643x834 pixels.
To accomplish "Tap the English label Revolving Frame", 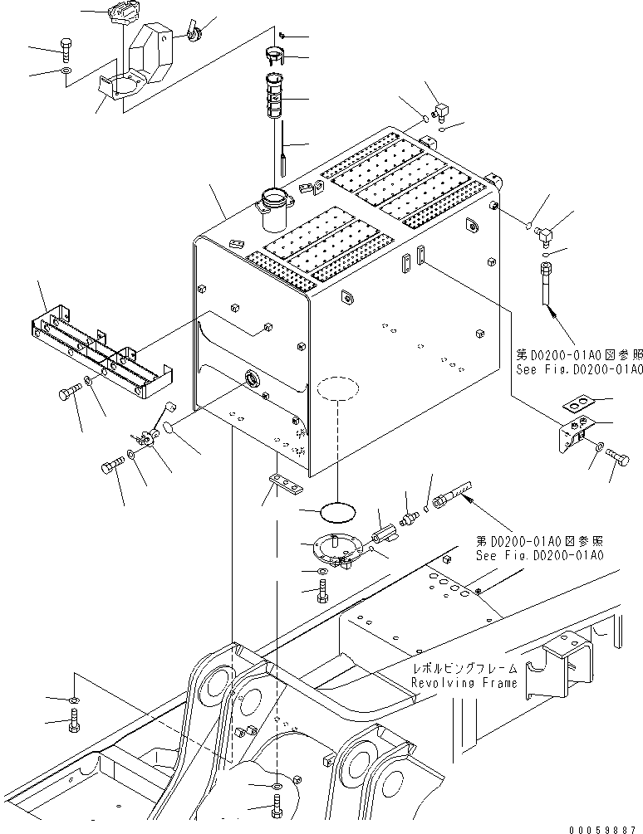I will [464, 682].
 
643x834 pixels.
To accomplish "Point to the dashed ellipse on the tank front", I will [336, 388].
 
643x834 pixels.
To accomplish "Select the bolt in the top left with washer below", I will [66, 47].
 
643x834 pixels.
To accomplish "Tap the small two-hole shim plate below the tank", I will [282, 482].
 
